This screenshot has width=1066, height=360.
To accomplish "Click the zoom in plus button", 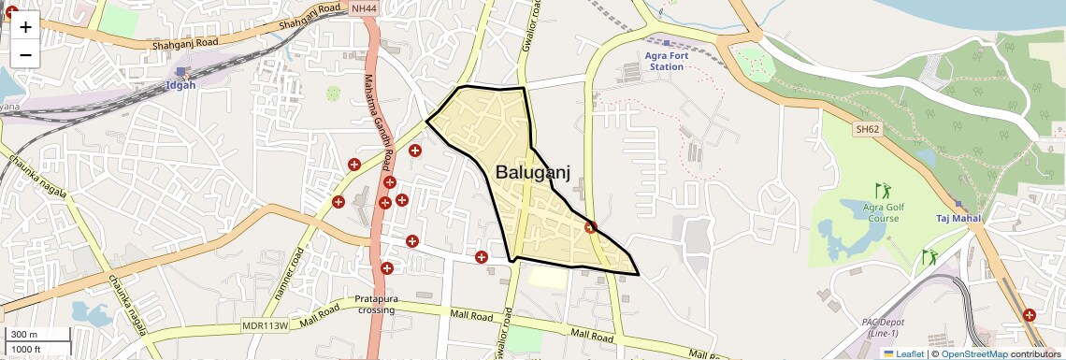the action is [25, 27].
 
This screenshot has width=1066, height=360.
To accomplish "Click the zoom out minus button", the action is [25, 54].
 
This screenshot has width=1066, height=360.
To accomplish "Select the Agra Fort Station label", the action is [666, 61].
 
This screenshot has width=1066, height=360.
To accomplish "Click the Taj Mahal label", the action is [958, 219].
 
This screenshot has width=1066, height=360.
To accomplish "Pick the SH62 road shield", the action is [867, 129].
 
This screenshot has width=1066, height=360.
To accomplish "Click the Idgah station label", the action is [180, 85].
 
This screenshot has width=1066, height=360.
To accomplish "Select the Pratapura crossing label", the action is [377, 304].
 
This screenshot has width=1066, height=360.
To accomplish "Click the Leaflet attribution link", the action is [905, 353].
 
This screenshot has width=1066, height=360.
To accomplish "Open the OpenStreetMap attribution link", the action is [973, 353].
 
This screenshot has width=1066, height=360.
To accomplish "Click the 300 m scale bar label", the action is [23, 335].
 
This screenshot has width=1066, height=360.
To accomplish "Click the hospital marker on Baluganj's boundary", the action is [590, 226].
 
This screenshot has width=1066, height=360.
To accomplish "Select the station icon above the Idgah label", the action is [180, 71].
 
